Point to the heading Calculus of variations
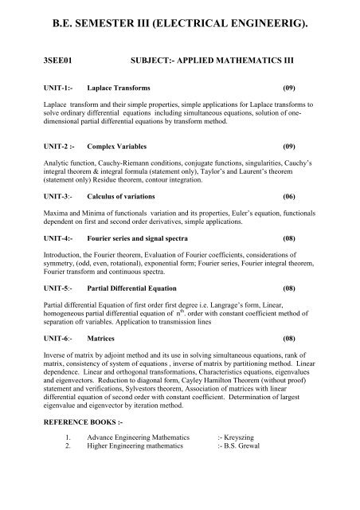(126, 196)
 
